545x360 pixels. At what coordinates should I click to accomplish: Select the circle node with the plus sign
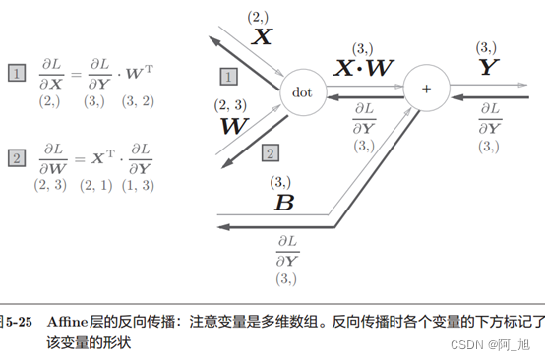point(426,89)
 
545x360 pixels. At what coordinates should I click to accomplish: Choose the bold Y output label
point(487,68)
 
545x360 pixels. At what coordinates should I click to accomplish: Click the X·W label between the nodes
point(364,68)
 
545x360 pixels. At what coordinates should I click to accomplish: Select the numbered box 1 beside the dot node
point(228,76)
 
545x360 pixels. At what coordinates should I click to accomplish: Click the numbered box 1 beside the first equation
point(16,73)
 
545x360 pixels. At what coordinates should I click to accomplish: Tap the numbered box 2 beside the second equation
point(16,157)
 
